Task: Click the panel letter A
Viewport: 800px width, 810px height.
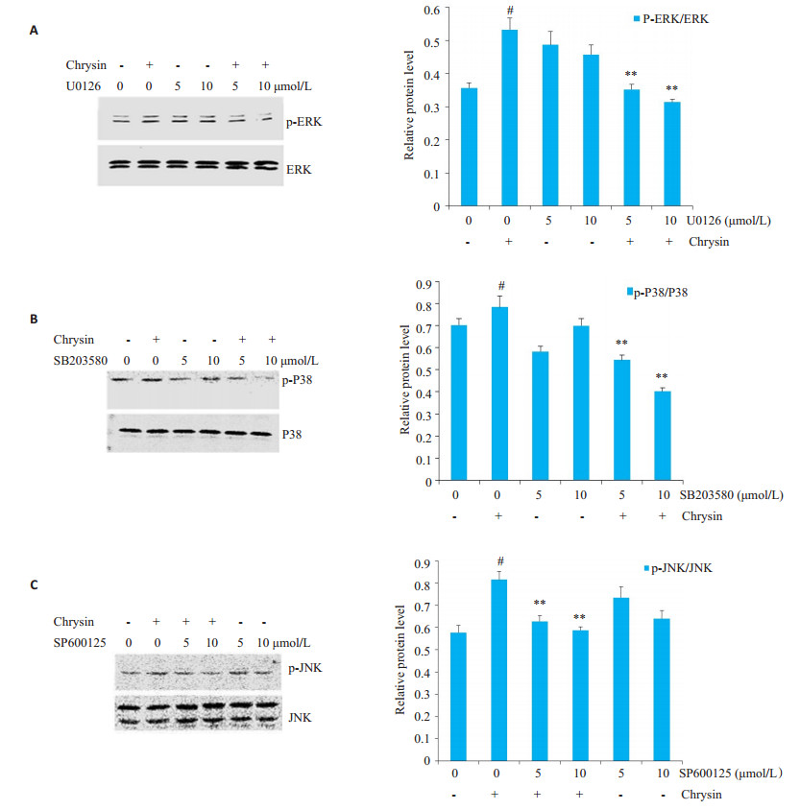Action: click(x=35, y=31)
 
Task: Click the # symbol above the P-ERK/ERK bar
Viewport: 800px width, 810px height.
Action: click(x=509, y=12)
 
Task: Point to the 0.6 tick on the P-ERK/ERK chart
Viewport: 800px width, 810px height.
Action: click(x=437, y=10)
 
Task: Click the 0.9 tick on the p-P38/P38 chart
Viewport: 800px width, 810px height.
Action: click(x=437, y=284)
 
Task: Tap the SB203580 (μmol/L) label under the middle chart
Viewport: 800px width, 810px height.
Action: click(x=739, y=495)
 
